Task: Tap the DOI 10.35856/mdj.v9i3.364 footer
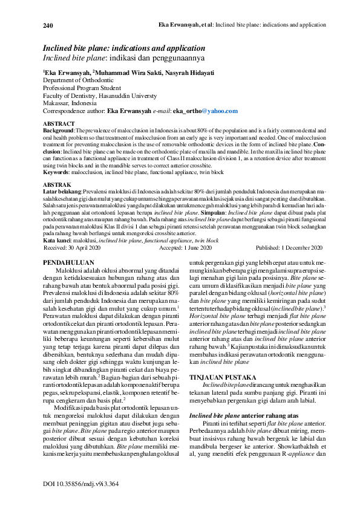(x=80, y=484)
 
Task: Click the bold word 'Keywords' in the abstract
(x=56, y=155)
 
